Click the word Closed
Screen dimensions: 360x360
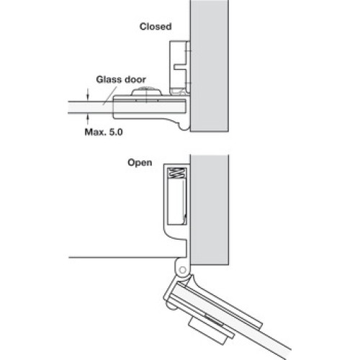pos(156,27)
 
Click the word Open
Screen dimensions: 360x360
pos(140,163)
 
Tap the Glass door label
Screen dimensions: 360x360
pos(121,79)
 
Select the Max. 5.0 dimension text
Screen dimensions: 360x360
pos(104,132)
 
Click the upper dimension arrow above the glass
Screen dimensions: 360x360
pos(88,95)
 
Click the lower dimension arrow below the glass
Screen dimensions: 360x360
pos(88,120)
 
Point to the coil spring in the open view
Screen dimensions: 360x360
pos(177,173)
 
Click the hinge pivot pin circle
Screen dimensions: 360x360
pos(182,270)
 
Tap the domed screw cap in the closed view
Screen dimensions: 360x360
pos(147,91)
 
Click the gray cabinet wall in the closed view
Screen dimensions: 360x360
pos(210,66)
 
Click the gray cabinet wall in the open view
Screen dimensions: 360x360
pos(210,210)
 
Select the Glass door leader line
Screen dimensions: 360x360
pos(110,96)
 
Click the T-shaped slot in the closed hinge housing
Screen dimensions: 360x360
pos(180,67)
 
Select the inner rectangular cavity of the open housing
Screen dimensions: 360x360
pos(176,202)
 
